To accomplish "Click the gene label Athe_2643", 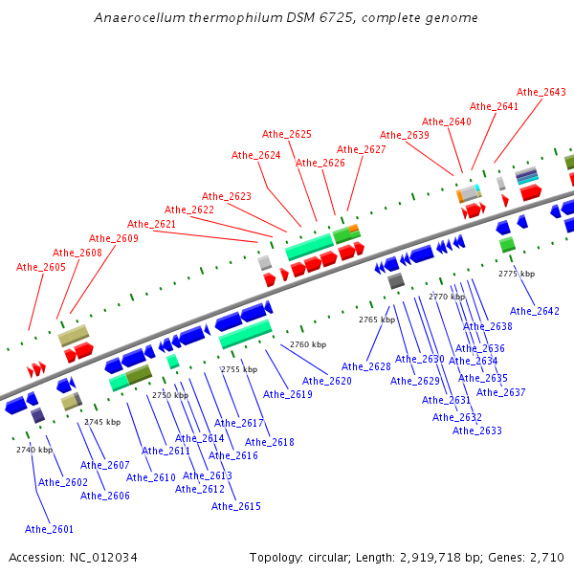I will coord(541,93).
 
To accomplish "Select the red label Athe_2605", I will coord(41,267).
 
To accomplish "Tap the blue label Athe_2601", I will coord(49,529).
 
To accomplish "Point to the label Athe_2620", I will coord(327,381).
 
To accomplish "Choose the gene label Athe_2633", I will coord(477,430).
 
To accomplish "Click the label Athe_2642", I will coord(535,311).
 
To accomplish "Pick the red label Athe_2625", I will coord(287,134).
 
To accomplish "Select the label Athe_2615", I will coord(236,506).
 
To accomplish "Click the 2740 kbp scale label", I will coord(33,450).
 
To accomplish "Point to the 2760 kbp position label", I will coord(308,344).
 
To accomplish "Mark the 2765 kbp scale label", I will coord(377,320).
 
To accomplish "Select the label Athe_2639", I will coord(405,136).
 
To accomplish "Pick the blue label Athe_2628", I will coord(366,366).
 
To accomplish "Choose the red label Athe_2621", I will coord(152,224).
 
